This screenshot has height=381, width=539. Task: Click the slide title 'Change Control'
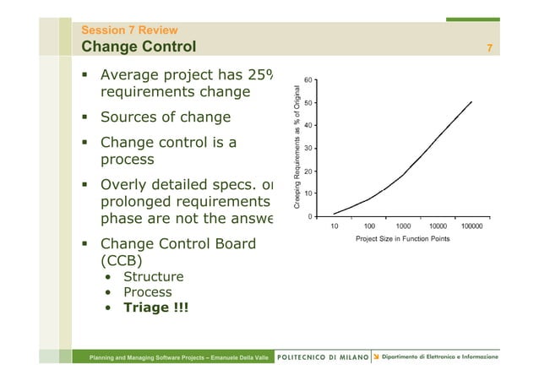(x=138, y=46)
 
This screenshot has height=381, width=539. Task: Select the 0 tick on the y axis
(x=311, y=216)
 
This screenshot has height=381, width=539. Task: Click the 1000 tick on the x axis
(x=404, y=226)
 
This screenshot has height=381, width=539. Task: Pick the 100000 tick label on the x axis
(x=472, y=226)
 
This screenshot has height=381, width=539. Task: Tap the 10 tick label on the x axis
(x=335, y=226)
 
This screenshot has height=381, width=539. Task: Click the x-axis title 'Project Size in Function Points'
(x=403, y=239)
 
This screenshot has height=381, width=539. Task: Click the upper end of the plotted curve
(x=471, y=102)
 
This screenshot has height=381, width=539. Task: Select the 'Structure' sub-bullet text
(x=153, y=276)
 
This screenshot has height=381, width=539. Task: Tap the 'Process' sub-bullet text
(x=148, y=292)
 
